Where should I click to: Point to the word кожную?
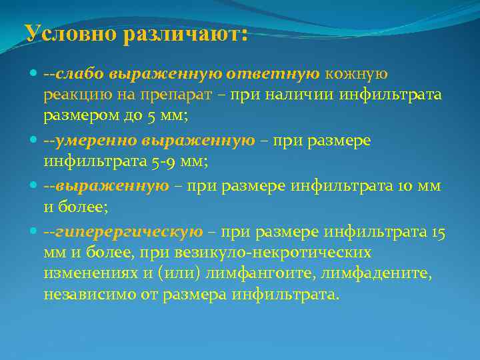[x=357, y=73]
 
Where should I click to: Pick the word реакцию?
[x=74, y=95]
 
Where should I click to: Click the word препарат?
[x=182, y=95]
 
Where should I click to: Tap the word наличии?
[x=299, y=95]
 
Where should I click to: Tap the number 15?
[x=438, y=231]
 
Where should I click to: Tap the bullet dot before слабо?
[x=35, y=73]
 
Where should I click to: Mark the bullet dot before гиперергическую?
[x=35, y=232]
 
